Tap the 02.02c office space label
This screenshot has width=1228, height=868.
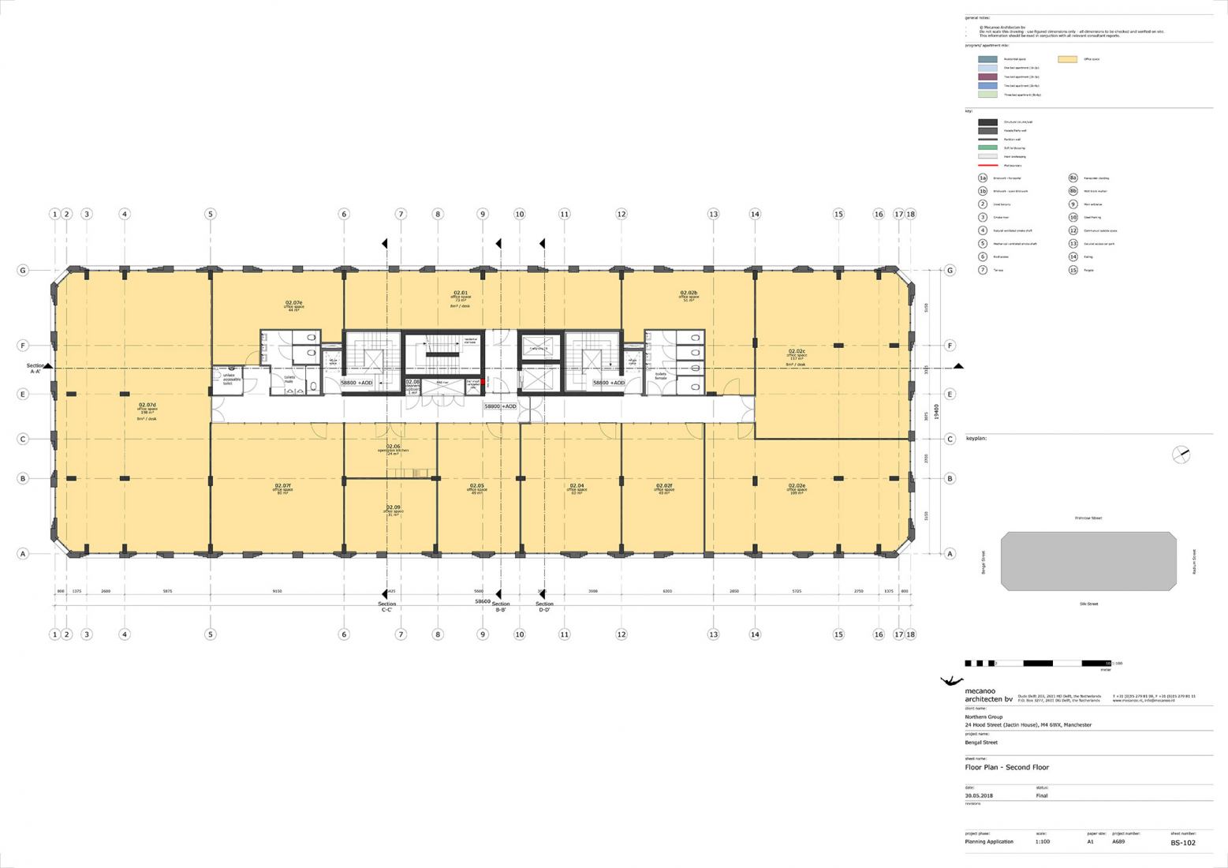click(797, 355)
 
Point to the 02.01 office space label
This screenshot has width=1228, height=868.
click(460, 296)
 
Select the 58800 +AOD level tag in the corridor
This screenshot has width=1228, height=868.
click(500, 406)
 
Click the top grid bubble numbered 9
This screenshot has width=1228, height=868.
click(483, 214)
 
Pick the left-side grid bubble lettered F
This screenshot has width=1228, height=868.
click(23, 346)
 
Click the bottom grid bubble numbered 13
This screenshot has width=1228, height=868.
click(713, 634)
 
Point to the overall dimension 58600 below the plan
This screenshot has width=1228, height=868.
click(487, 601)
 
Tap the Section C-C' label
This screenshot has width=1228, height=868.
click(386, 607)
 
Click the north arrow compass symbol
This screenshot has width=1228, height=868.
click(1181, 455)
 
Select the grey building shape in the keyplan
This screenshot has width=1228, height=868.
click(1088, 561)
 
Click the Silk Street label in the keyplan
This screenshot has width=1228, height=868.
click(1088, 604)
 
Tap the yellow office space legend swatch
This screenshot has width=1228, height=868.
click(1067, 59)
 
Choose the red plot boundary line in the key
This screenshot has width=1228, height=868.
click(987, 166)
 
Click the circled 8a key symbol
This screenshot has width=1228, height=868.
click(1073, 178)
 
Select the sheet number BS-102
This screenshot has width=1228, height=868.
click(1182, 843)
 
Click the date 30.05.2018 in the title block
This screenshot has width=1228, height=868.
click(980, 795)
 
